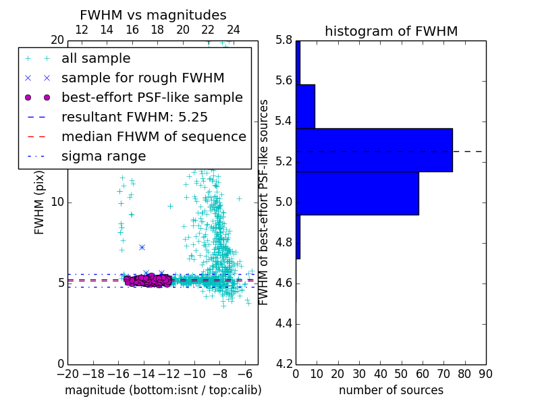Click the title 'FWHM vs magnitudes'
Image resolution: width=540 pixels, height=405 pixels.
(153, 15)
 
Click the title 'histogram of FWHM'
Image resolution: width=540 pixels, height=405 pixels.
(391, 31)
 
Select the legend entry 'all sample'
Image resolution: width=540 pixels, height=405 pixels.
(96, 59)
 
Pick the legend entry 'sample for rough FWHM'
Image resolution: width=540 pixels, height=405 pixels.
(142, 78)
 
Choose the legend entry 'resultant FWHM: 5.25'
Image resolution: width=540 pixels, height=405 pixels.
(134, 117)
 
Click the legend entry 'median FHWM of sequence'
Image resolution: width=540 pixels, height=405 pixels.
(153, 136)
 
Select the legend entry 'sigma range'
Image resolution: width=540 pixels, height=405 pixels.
(103, 156)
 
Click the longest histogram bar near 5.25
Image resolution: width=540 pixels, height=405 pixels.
(374, 150)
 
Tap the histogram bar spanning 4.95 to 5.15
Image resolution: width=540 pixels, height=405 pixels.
(357, 193)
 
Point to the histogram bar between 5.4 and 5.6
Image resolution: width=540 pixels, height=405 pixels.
(305, 106)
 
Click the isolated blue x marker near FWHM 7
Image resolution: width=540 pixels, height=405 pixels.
(142, 247)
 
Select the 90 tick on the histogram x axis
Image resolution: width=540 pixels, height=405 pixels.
(485, 373)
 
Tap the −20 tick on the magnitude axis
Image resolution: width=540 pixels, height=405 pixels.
(67, 373)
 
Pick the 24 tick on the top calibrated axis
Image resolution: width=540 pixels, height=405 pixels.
(234, 30)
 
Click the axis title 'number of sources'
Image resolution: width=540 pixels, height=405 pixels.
(391, 390)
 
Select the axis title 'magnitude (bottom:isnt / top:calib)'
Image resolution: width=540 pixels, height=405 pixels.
(163, 390)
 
